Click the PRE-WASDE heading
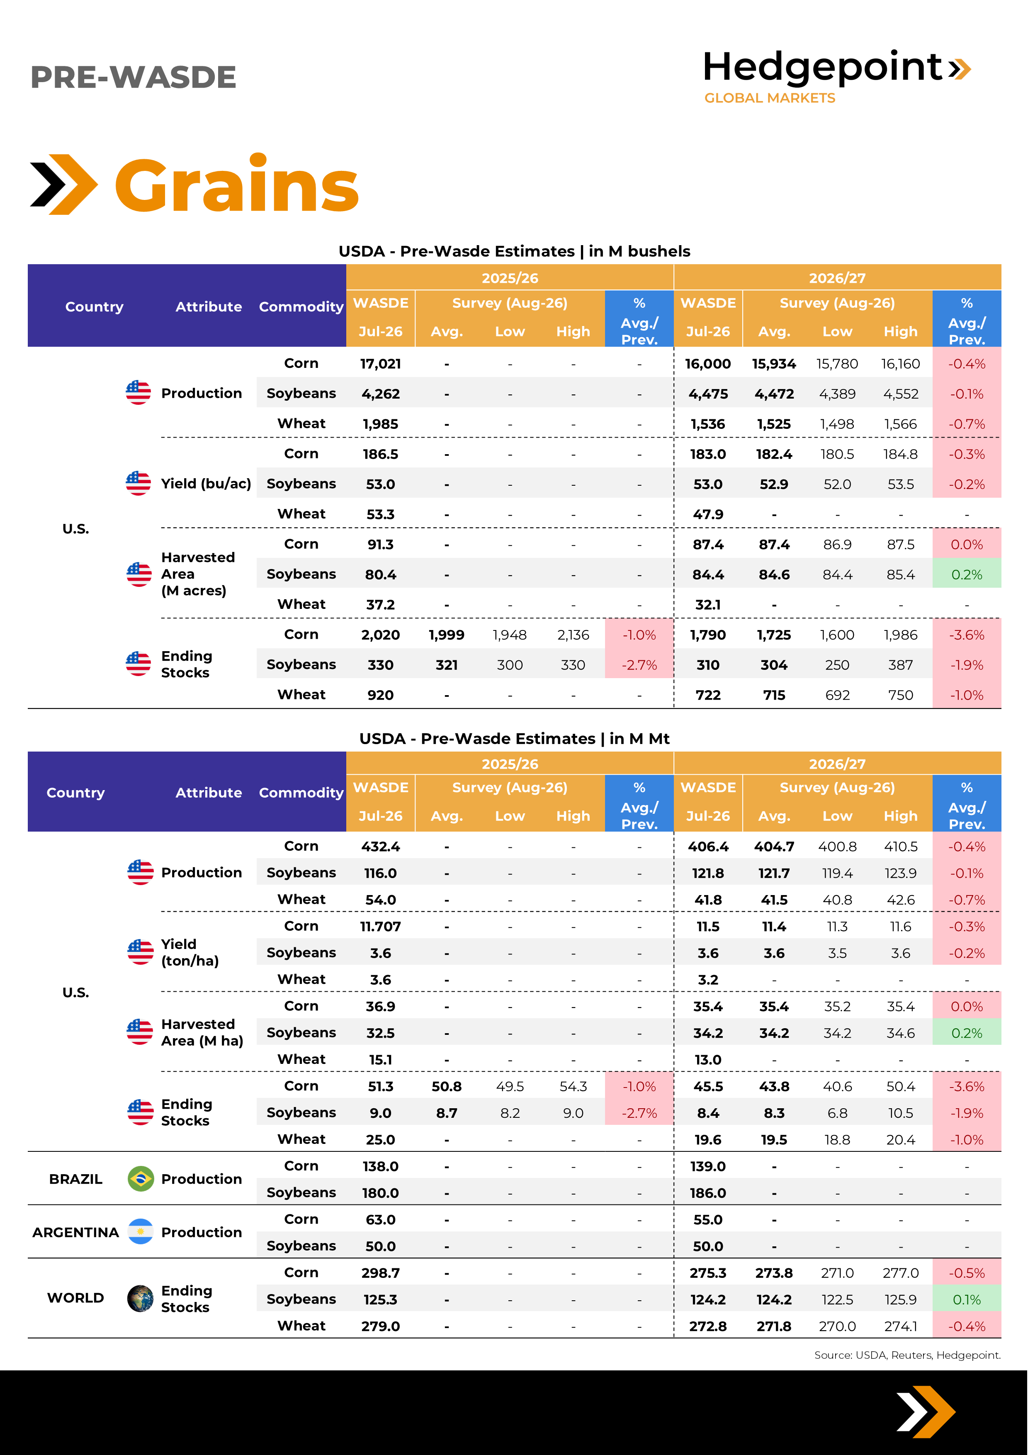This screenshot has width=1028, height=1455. coord(133,77)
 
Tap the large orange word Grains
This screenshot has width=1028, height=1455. coord(236,185)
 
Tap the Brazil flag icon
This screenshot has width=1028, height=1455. coord(141,1179)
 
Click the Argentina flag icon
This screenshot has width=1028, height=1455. coord(141,1232)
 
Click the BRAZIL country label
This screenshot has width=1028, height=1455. coord(75,1179)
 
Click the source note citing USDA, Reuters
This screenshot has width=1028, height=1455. coord(907,1355)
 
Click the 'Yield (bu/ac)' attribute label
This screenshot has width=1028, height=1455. coord(206,484)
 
